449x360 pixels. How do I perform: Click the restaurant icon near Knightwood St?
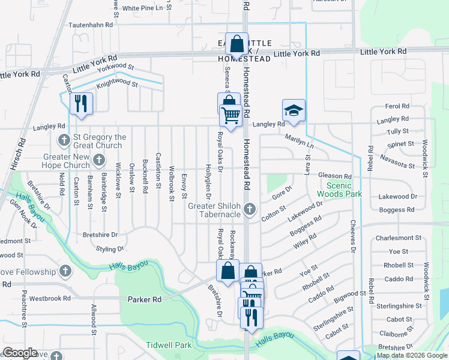[81, 103]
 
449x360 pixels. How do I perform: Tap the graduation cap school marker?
[294, 110]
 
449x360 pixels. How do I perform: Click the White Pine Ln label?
[142, 8]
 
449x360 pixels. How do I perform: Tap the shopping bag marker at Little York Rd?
[237, 44]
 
